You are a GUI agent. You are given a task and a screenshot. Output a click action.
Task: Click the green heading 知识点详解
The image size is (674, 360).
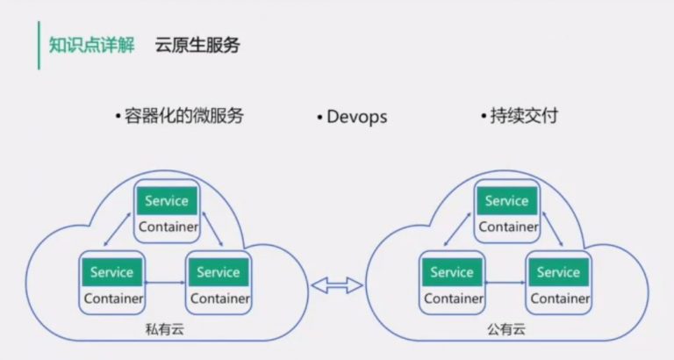pos(91,45)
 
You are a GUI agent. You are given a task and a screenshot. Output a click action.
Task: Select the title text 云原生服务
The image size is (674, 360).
pos(197,45)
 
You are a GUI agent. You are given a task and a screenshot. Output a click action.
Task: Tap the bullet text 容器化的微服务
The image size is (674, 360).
pos(184,116)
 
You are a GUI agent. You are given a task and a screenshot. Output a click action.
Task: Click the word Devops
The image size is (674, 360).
pos(357,117)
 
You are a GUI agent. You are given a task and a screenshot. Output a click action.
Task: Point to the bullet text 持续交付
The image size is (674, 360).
pos(524,116)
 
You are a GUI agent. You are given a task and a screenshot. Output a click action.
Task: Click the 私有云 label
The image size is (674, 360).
pos(165,330)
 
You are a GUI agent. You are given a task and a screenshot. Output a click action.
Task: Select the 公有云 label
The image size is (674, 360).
pos(506,330)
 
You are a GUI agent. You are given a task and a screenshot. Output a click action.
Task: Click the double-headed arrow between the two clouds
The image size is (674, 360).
pos(337,285)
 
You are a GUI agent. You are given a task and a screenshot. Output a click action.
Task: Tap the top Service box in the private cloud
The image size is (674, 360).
pos(167,201)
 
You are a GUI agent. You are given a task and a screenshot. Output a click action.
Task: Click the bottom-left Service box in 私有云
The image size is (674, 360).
pos(111,272)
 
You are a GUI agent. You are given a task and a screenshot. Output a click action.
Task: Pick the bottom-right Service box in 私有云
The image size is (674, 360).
pos(219,272)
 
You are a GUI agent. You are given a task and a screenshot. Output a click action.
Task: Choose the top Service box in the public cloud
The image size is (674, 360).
pos(507,201)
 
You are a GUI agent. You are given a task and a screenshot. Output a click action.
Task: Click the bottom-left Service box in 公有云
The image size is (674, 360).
pos(452,272)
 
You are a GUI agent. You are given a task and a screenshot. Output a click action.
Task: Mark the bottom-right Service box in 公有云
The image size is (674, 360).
pos(559,272)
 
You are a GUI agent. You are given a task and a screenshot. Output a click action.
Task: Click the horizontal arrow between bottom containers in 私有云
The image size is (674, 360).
pos(166,283)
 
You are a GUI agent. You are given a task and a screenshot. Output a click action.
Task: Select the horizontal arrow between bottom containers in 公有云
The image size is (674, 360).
pos(505,283)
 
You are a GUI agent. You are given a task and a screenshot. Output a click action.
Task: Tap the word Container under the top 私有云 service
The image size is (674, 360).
pos(168,227)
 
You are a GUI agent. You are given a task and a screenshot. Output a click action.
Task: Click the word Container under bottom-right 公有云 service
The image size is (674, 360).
pos(560,298)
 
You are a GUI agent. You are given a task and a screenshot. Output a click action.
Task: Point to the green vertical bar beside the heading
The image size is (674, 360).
pos(39,45)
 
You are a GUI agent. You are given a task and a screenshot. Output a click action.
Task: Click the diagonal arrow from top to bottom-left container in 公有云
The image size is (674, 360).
pos(457,229)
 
